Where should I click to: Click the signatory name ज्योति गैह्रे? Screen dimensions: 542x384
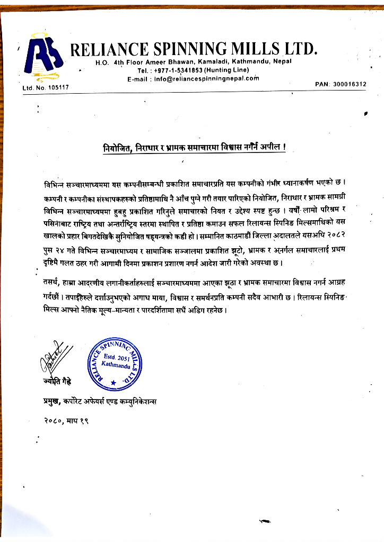[x=57, y=382]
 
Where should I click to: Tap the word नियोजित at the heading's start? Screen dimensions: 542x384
[x=117, y=146]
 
